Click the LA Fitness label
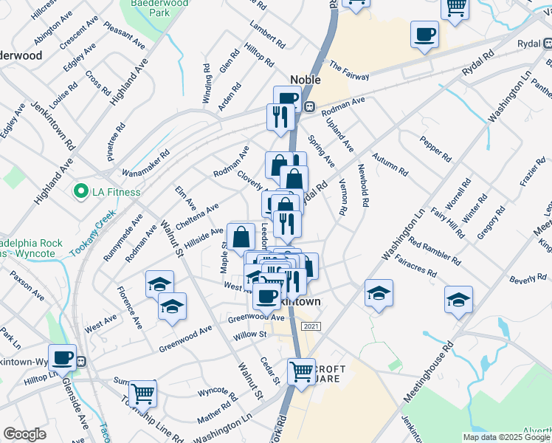[116, 193]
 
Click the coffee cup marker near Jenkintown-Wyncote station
[63, 358]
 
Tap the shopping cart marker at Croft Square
[301, 371]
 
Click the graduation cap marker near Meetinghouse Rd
[458, 300]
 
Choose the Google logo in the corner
[24, 434]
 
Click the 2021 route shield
[311, 326]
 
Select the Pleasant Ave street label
[122, 35]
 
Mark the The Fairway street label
[349, 70]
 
